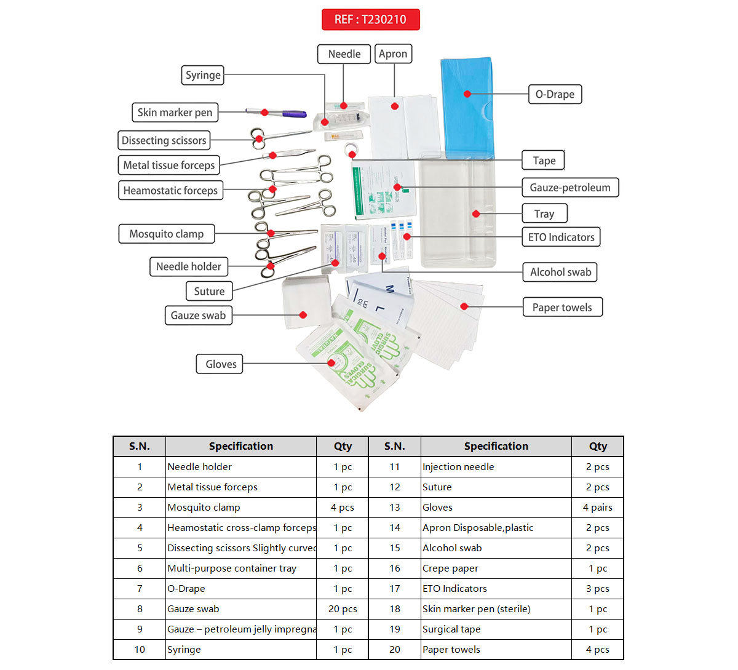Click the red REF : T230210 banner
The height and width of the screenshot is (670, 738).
(x=370, y=20)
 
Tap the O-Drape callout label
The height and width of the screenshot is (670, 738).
(x=555, y=94)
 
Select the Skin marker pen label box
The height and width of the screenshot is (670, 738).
(x=175, y=113)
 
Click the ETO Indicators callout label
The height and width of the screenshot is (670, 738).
(x=561, y=237)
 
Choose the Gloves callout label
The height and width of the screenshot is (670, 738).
(x=221, y=364)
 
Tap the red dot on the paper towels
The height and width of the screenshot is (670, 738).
(x=464, y=306)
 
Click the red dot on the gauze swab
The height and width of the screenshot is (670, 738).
(x=303, y=315)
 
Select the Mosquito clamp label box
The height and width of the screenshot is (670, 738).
(x=166, y=234)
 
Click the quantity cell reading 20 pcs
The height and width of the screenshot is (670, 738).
(x=343, y=609)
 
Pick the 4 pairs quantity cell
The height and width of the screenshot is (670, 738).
(x=597, y=508)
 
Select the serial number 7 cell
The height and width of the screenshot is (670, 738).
(x=140, y=589)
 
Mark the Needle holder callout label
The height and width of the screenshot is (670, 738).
(x=188, y=266)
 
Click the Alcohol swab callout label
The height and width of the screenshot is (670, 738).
(x=560, y=272)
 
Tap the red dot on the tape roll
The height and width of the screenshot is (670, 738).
(x=351, y=154)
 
